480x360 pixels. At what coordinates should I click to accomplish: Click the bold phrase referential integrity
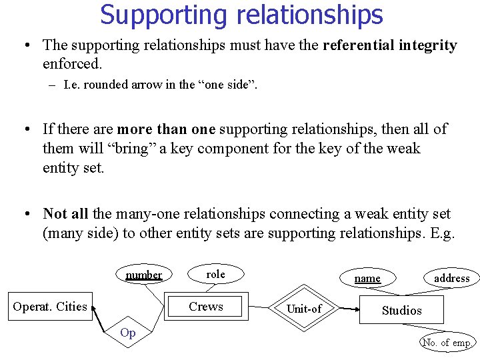click(390, 45)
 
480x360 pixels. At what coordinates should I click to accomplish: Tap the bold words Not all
click(66, 214)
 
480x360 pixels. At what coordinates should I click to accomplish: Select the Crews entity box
click(206, 307)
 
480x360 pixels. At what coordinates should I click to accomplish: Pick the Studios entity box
click(401, 311)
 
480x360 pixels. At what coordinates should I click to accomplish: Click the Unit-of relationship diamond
click(303, 309)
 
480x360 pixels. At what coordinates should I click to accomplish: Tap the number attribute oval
click(144, 275)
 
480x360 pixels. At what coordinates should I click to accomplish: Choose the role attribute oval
click(215, 274)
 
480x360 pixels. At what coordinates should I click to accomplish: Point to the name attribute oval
click(367, 278)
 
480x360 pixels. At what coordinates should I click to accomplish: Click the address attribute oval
click(451, 278)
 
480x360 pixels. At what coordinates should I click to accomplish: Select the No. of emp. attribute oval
click(447, 343)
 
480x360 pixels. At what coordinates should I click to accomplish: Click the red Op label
click(128, 333)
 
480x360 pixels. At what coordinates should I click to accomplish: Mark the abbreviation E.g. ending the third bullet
click(442, 233)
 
